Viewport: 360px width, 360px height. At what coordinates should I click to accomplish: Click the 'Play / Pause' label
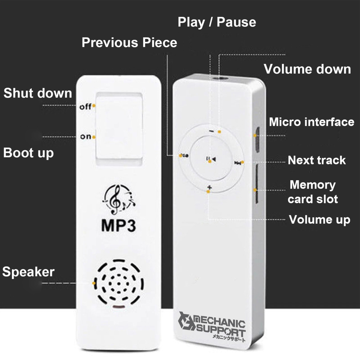pos(217,22)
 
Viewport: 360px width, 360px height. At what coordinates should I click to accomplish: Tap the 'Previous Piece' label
pos(129,43)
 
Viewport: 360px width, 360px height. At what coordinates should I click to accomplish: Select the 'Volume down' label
pos(307,69)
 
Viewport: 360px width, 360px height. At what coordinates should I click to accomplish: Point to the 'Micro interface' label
pos(311,122)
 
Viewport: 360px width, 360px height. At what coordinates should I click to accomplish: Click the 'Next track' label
pos(316,160)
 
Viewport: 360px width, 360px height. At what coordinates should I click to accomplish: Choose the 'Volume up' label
pos(319,220)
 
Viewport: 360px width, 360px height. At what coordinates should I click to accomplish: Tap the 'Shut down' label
pos(38,93)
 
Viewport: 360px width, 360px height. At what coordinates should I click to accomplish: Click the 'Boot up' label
pos(28,153)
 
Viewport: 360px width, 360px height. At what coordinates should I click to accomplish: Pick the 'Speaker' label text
pos(28,272)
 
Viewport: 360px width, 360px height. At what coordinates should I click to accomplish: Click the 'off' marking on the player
pos(85,106)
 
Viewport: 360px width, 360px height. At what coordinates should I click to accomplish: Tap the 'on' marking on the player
pos(85,137)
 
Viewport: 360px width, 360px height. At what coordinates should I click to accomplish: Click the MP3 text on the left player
pos(118,226)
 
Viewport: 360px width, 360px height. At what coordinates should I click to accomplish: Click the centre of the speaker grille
pos(119,283)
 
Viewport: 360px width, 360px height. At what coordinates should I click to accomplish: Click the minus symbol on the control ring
pos(211,131)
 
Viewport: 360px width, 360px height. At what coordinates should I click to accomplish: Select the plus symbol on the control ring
pos(209,188)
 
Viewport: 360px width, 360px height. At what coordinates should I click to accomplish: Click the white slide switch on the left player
pos(119,129)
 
